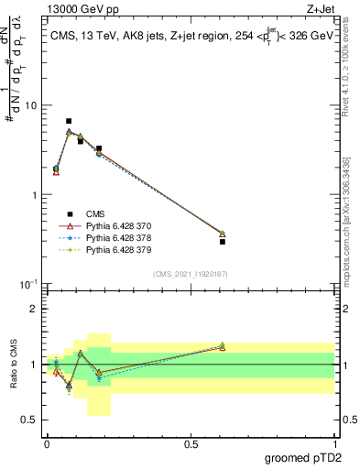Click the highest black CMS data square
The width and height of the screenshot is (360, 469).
(x=69, y=121)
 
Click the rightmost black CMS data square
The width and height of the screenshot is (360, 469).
(x=223, y=241)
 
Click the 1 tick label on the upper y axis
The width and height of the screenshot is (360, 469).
(x=34, y=195)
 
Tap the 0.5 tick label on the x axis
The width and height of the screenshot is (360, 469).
(x=191, y=444)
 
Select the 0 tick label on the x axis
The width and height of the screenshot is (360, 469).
(x=47, y=444)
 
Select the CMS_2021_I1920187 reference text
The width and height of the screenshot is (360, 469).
(x=190, y=274)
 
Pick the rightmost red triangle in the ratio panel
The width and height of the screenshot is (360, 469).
(x=223, y=347)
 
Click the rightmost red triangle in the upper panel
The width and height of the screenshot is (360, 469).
(x=223, y=234)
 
